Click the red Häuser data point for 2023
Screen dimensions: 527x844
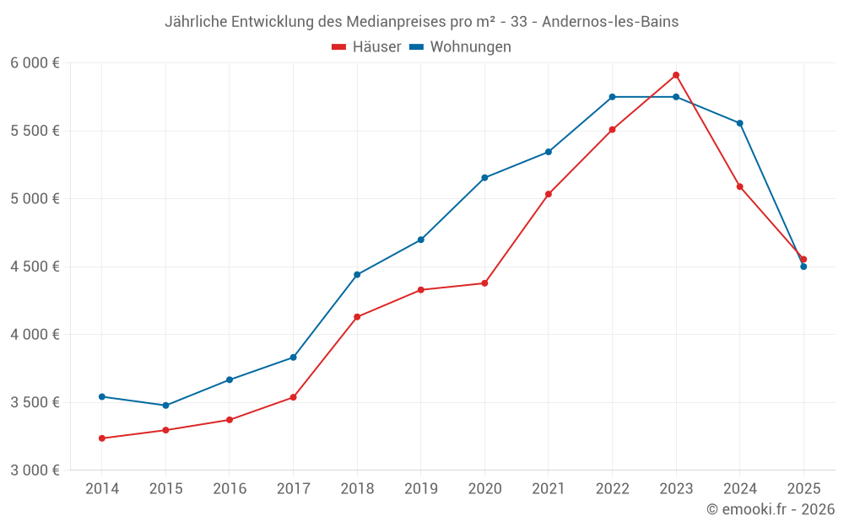point(676,75)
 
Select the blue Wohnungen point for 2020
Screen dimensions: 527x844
point(484,178)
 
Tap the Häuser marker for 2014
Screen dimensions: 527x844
point(101,438)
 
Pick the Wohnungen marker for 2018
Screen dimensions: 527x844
point(357,275)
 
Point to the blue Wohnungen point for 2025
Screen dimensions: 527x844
point(803,266)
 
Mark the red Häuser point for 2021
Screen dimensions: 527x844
point(549,194)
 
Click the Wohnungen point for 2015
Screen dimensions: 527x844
point(165,406)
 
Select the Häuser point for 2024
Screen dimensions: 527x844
point(740,186)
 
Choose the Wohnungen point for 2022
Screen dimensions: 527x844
point(613,97)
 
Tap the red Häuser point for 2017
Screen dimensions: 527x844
point(293,397)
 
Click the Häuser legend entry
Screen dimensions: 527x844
point(366,47)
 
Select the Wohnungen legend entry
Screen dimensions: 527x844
point(461,47)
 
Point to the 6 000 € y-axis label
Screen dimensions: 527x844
point(35,63)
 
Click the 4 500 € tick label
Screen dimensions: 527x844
point(35,266)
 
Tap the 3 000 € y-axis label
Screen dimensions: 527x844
point(35,470)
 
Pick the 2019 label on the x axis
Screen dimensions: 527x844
point(420,489)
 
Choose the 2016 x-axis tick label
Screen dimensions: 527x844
point(230,489)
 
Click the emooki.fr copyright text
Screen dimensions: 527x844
point(771,509)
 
